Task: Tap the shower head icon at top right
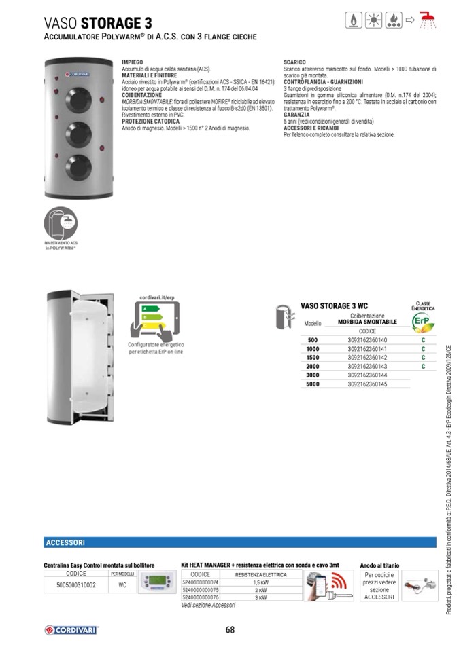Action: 426,20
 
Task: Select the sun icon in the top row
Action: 373,20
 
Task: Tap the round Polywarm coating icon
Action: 61,223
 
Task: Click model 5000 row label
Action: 312,384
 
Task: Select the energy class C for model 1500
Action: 423,358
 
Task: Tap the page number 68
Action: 230,629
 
